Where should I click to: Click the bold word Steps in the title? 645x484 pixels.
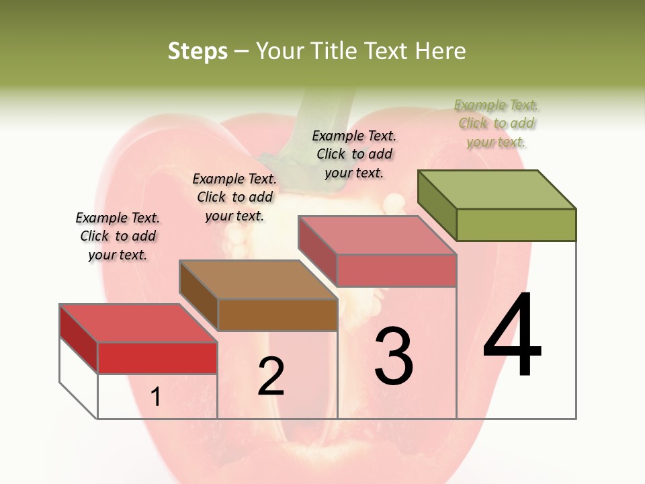click(x=198, y=51)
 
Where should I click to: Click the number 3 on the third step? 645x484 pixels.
click(x=394, y=356)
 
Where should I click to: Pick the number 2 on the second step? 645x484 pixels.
click(x=271, y=376)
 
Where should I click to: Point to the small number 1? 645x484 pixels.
click(x=156, y=397)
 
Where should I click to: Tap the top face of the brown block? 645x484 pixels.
click(x=258, y=279)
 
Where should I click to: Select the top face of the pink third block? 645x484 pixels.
click(x=378, y=235)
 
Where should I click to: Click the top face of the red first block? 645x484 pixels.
click(x=138, y=323)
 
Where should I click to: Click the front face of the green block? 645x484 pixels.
click(x=516, y=225)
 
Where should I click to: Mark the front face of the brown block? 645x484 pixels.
click(x=277, y=315)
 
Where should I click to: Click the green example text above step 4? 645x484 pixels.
click(x=497, y=124)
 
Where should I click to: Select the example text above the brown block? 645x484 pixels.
click(x=234, y=197)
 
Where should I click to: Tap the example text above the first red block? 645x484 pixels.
click(x=118, y=236)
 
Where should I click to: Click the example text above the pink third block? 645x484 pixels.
click(x=354, y=154)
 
